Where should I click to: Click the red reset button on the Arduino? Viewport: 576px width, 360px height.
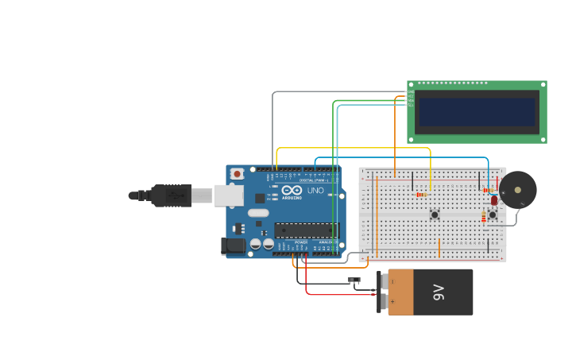tap(237, 174)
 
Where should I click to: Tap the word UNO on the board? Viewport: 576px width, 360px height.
tap(315, 191)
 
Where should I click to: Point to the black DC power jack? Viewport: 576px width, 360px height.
tap(234, 246)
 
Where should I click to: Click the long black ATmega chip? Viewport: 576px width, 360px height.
tap(306, 230)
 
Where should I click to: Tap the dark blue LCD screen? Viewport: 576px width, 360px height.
tap(477, 112)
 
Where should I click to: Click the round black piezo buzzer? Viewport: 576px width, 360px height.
tap(517, 191)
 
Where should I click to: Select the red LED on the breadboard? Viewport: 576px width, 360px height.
tap(493, 200)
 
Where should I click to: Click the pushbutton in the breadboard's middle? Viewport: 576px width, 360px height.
tap(435, 215)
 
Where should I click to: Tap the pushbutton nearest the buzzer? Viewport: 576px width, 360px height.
tap(492, 215)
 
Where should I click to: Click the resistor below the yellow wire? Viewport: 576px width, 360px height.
tap(420, 194)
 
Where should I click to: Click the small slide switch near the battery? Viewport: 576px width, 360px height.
tap(354, 279)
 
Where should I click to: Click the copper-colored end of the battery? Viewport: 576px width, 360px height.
tap(400, 292)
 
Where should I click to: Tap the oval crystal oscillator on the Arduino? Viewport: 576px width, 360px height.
tap(258, 213)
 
